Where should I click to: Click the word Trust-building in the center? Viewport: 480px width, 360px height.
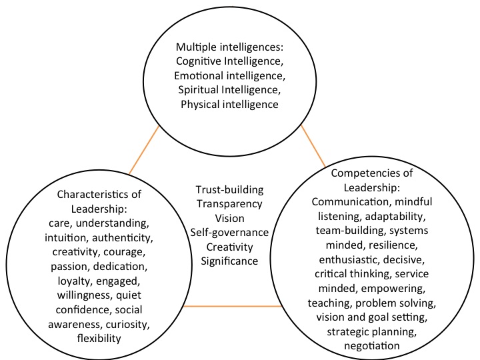229,189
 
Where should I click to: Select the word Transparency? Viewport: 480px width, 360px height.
229,203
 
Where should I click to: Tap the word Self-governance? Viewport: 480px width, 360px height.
229,232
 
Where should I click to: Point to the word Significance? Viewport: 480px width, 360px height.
229,261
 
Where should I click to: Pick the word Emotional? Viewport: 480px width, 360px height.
200,75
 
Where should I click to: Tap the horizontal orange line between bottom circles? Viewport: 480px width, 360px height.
231,306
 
